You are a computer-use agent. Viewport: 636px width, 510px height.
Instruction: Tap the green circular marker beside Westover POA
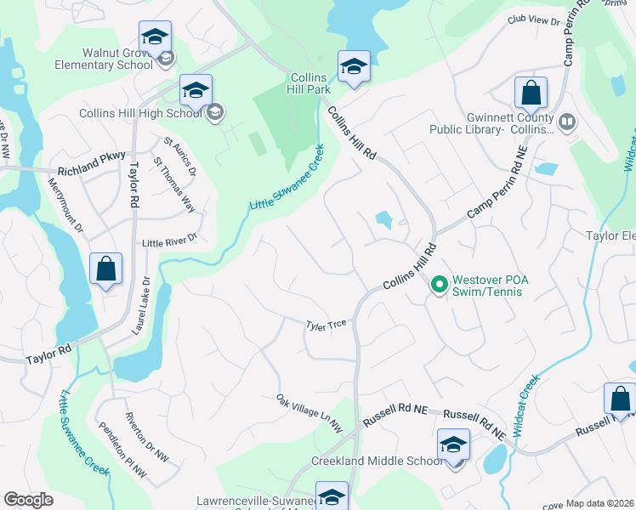(x=439, y=284)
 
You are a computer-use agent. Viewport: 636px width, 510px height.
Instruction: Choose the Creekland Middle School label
(x=377, y=461)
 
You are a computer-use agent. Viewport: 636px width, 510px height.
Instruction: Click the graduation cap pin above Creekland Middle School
(x=453, y=445)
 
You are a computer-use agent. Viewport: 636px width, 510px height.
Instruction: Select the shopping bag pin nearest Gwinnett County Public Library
(x=531, y=92)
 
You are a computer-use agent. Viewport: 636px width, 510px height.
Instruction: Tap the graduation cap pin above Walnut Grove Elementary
(x=155, y=37)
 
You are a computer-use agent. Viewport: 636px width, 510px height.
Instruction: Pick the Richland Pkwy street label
(x=88, y=156)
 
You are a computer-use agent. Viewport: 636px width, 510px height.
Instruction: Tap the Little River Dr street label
(x=169, y=241)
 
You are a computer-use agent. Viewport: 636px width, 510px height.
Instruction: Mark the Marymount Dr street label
(x=65, y=206)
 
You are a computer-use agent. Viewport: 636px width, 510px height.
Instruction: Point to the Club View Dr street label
(x=534, y=19)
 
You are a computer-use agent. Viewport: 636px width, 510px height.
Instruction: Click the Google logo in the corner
(x=29, y=500)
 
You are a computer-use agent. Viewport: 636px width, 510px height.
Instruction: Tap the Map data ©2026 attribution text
(x=600, y=503)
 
